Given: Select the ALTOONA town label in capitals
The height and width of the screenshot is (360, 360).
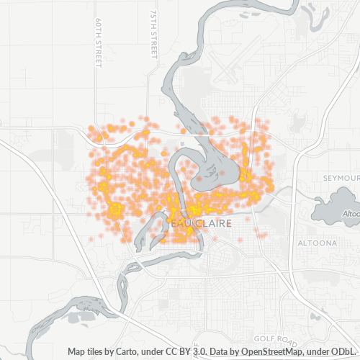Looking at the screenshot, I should (x=318, y=243).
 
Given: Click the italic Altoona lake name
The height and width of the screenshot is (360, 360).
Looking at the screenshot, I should (x=350, y=214).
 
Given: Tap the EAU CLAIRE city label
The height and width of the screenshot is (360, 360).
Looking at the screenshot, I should (x=204, y=224).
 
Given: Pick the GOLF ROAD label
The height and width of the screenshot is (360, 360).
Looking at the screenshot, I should (x=275, y=338).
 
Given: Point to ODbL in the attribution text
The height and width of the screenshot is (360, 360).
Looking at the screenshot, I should (x=346, y=352).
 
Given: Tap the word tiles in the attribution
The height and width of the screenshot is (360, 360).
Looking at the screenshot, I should (x=99, y=352).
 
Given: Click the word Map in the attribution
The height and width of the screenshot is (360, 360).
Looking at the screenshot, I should (x=77, y=352).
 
